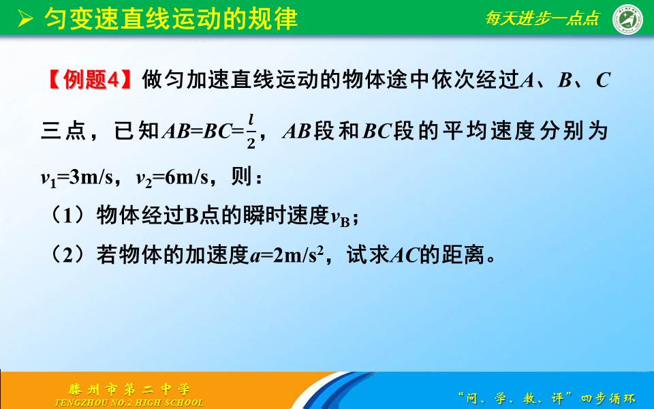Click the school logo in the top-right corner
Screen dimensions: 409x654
click(x=628, y=18)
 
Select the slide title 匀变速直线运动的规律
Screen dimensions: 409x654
click(x=170, y=18)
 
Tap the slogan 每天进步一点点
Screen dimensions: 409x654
click(x=542, y=18)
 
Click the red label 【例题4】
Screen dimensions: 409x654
click(x=89, y=80)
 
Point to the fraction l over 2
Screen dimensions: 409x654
click(x=251, y=130)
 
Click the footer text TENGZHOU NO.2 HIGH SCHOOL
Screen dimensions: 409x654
click(x=129, y=402)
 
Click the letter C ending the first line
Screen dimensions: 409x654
click(x=602, y=80)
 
